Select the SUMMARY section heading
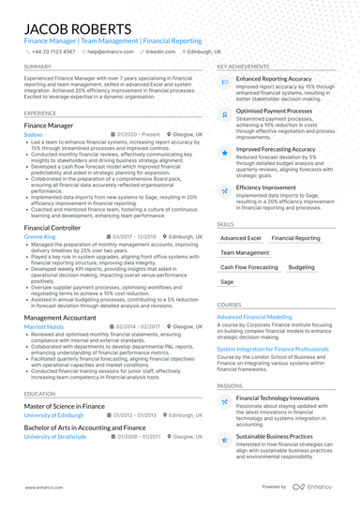[x=38, y=67]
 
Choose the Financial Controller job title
[x=52, y=228]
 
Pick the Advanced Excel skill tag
[x=241, y=239]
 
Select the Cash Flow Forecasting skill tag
[x=248, y=267]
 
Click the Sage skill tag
[x=227, y=281]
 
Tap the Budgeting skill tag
[x=302, y=267]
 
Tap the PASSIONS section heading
[x=230, y=385]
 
